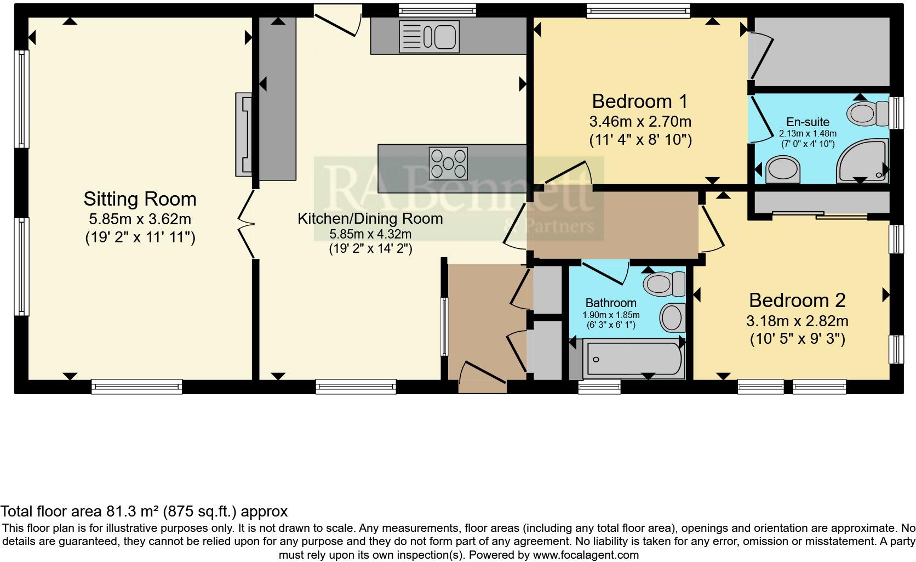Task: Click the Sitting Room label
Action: tap(140, 199)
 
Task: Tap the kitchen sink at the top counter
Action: tap(429, 37)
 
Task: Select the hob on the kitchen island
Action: tap(448, 163)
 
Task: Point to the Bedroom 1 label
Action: tap(639, 101)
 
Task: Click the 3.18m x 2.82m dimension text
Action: tap(797, 320)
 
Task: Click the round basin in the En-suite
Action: tap(782, 170)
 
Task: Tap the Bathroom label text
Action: tap(611, 303)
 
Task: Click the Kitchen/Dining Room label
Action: tap(370, 218)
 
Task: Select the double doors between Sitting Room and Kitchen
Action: tap(248, 224)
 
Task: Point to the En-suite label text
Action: tap(808, 122)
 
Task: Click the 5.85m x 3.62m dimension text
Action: tap(140, 219)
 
